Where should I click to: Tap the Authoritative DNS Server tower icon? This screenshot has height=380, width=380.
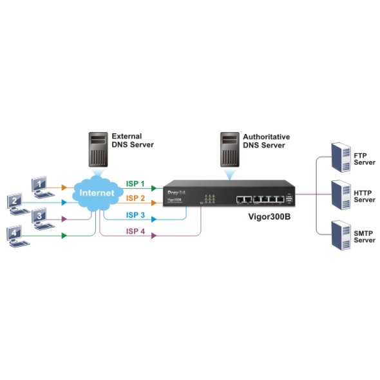[228, 149]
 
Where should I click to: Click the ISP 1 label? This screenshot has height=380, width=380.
[135, 184]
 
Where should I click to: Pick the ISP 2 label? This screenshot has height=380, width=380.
[135, 198]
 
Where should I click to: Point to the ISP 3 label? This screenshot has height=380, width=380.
[135, 215]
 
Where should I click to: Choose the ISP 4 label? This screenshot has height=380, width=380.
[135, 231]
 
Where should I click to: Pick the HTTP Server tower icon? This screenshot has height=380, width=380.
[338, 195]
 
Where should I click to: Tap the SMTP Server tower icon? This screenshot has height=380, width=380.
[338, 234]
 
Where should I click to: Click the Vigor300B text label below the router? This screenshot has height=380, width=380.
[269, 216]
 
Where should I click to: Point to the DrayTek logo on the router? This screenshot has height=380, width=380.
[177, 193]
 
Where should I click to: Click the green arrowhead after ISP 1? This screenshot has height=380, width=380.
[154, 189]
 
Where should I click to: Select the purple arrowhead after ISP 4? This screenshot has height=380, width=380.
[153, 236]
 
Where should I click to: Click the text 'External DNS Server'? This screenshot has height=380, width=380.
[133, 140]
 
